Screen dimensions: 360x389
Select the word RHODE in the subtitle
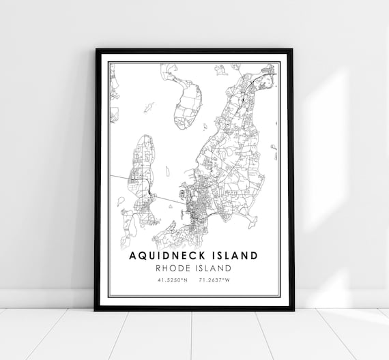point(175,268)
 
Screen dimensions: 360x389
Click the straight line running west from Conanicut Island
point(122,179)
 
